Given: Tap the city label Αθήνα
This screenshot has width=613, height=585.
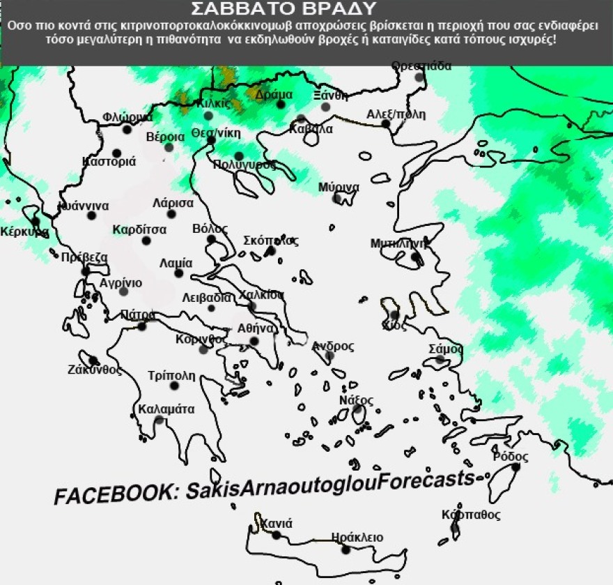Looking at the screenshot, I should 255,328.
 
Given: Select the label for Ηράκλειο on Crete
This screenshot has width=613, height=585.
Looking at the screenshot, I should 357,537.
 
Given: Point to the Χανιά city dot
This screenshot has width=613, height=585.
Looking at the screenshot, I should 276,535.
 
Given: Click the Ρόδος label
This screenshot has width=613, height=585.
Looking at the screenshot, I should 510,457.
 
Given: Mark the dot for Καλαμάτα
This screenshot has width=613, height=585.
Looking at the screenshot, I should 160,420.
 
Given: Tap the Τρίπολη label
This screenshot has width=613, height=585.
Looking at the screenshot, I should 172,375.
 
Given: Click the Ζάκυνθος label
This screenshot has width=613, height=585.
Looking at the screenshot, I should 95,370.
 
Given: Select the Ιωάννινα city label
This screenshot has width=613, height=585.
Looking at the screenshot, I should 83,206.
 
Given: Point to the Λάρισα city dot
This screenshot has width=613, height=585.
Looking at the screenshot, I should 171,214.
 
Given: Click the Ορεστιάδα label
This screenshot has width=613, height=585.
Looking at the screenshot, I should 421,66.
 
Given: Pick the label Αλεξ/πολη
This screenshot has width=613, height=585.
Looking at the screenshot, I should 396,114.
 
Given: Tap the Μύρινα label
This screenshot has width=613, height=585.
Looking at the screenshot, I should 339,187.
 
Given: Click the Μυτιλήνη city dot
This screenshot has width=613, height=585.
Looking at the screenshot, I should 415,257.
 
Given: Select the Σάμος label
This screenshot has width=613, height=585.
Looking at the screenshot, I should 447,348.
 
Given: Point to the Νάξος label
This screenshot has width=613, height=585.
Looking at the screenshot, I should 356,400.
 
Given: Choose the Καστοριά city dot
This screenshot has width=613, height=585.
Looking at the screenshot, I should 116,153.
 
